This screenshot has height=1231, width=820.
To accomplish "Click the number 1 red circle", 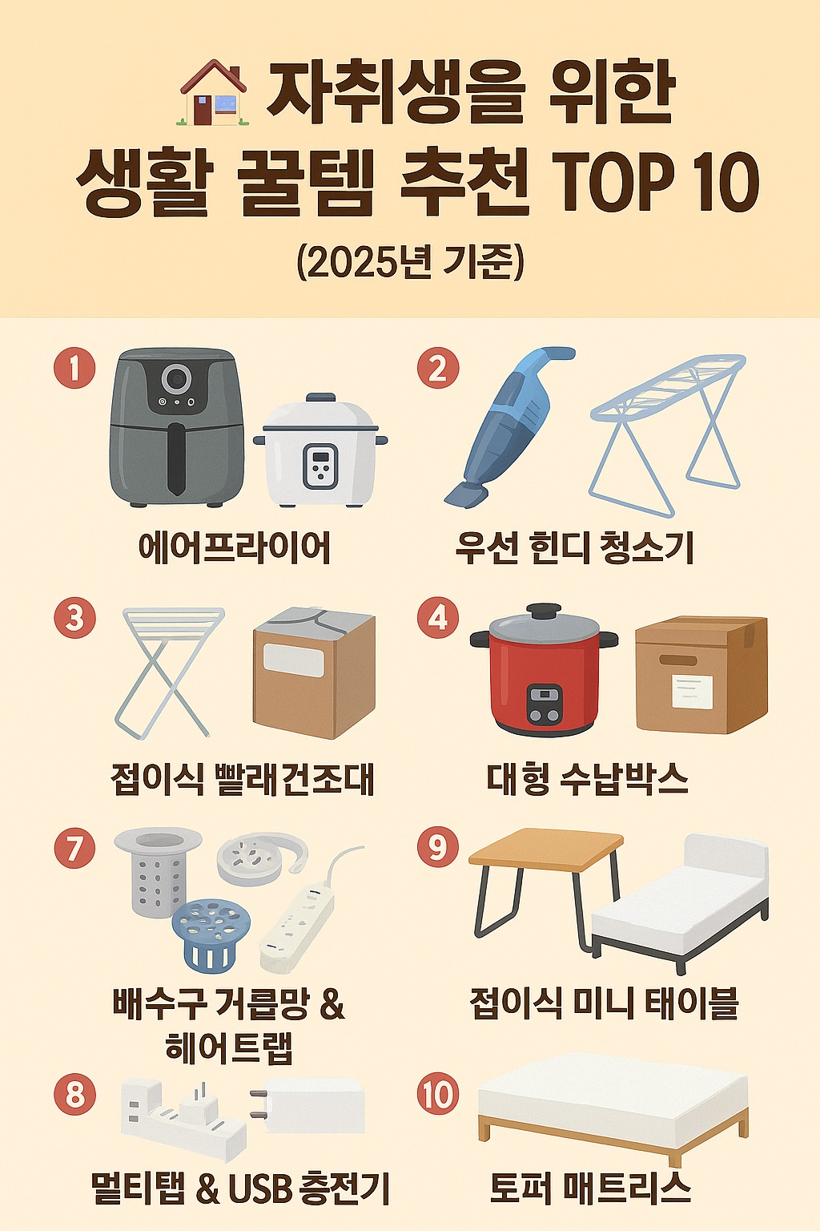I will click(74, 369).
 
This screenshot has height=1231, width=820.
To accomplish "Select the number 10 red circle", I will click(438, 1095).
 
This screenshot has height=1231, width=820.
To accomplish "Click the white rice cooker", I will click(320, 452).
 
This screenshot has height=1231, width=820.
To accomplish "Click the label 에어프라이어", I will click(234, 548).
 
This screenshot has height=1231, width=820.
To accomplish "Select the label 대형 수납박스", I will click(588, 778).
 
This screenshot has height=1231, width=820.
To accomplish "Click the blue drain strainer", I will click(211, 934).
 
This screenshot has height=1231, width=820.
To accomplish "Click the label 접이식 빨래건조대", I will click(243, 778).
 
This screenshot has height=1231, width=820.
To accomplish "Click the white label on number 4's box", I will click(692, 691).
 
